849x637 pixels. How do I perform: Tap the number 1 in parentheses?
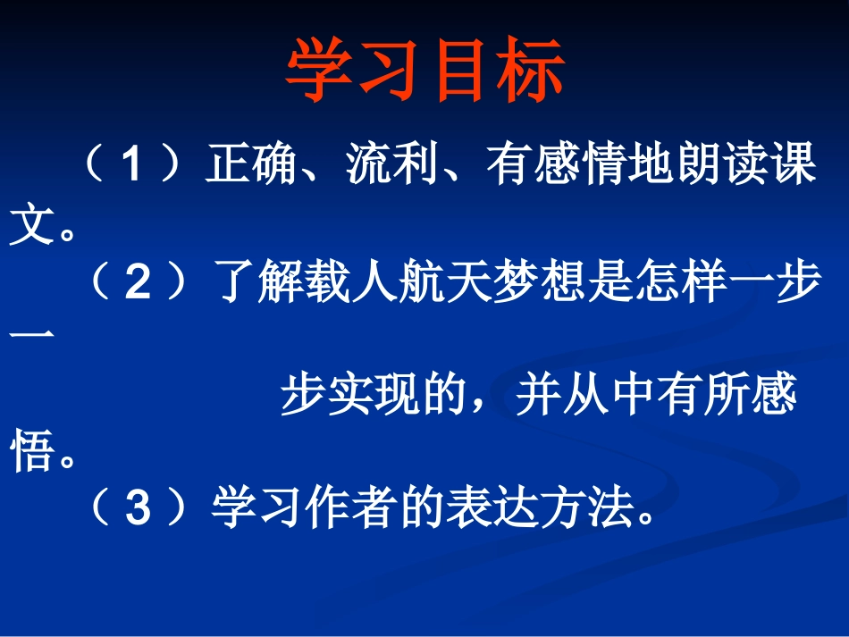tap(131, 166)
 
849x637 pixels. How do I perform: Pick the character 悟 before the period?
tap(29, 453)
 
